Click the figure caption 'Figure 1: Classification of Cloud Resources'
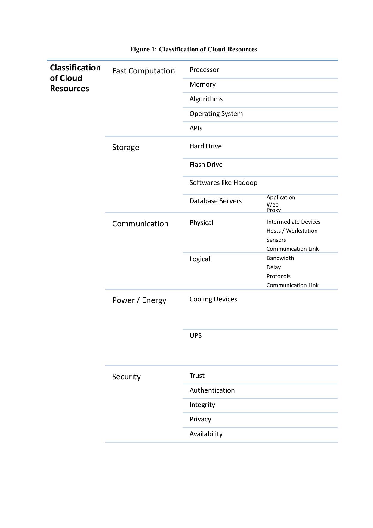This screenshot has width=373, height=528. click(193, 49)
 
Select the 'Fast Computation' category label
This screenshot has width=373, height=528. click(143, 71)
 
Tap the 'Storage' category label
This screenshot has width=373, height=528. click(125, 148)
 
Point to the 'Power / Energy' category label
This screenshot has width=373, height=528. click(139, 300)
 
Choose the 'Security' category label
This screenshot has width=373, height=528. click(126, 377)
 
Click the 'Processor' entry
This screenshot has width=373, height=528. click(204, 70)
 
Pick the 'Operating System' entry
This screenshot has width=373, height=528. click(216, 114)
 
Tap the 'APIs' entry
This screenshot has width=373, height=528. click(196, 128)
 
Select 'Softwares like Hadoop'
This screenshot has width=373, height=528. click(223, 183)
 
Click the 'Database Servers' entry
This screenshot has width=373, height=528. click(215, 201)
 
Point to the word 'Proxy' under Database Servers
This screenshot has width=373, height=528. click(273, 210)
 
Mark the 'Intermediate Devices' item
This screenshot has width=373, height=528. click(293, 222)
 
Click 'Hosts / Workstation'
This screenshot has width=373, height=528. click(292, 231)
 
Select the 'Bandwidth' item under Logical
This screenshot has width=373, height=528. click(280, 258)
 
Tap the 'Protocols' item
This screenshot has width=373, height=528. click(278, 276)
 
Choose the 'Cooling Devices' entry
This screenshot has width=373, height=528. click(213, 299)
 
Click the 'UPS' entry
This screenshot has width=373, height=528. click(196, 336)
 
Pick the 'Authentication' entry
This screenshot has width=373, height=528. click(212, 390)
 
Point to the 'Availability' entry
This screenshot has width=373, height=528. click(206, 434)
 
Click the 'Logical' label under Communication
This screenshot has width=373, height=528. click(200, 259)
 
